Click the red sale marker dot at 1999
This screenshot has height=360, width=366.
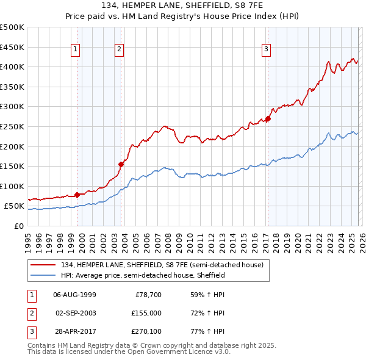(x=77, y=195)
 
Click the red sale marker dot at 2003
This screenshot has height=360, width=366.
(x=121, y=164)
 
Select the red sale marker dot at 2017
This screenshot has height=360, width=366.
(x=268, y=118)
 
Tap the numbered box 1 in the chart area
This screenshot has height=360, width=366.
(x=76, y=49)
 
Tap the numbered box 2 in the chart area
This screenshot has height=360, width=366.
(x=120, y=49)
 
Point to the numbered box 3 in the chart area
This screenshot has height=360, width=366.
(x=267, y=49)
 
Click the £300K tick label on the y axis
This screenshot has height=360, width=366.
(x=12, y=107)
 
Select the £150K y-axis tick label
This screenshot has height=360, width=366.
(x=12, y=166)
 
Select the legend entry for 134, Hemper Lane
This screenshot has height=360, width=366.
(x=162, y=265)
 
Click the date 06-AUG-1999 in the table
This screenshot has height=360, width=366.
(x=75, y=294)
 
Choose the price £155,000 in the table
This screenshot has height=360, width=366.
(x=146, y=313)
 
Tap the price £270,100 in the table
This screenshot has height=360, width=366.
(x=146, y=332)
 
